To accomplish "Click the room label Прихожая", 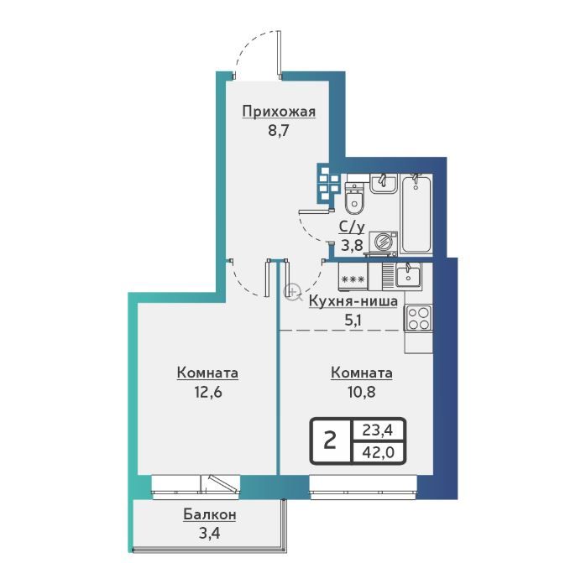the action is [279, 112].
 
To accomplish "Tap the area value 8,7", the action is [279, 130].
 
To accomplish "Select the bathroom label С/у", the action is [352, 227].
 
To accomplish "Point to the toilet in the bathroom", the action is [355, 199].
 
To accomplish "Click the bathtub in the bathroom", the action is [416, 213].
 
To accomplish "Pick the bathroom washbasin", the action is [384, 183].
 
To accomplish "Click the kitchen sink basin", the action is [408, 274].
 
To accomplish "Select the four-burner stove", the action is [418, 318].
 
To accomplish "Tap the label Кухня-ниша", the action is [353, 301].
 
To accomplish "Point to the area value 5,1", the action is [353, 320].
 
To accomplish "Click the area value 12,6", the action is [208, 392].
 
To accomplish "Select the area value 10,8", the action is [361, 392].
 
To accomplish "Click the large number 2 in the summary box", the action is [330, 440].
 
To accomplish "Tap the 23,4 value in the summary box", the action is [378, 430].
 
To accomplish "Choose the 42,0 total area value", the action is [379, 451].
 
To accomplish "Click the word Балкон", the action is [210, 514].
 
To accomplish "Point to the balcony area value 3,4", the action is [209, 533].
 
